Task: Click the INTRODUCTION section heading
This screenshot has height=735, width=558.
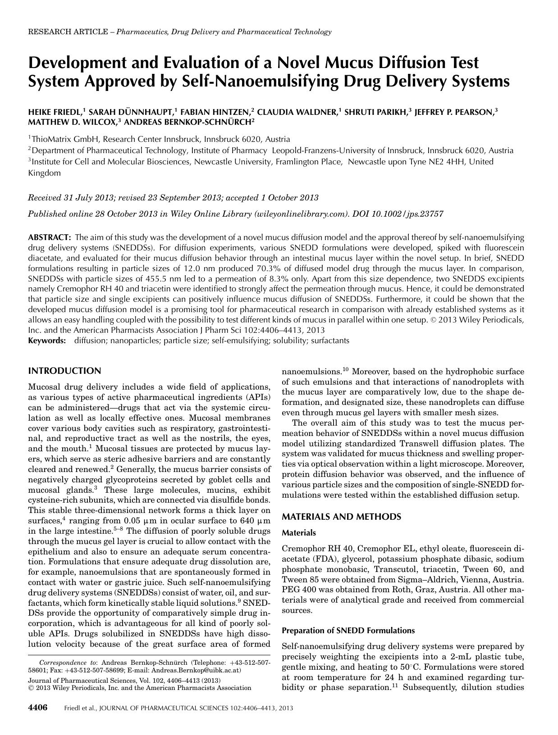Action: [x=64, y=371]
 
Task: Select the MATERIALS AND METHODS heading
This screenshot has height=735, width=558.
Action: [x=341, y=517]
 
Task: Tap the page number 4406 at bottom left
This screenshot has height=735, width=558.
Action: [x=38, y=708]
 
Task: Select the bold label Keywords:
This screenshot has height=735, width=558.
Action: [x=47, y=340]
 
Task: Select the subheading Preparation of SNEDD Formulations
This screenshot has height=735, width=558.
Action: [x=348, y=630]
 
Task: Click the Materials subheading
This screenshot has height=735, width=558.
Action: [x=299, y=533]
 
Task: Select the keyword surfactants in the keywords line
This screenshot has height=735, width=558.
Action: [x=330, y=340]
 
